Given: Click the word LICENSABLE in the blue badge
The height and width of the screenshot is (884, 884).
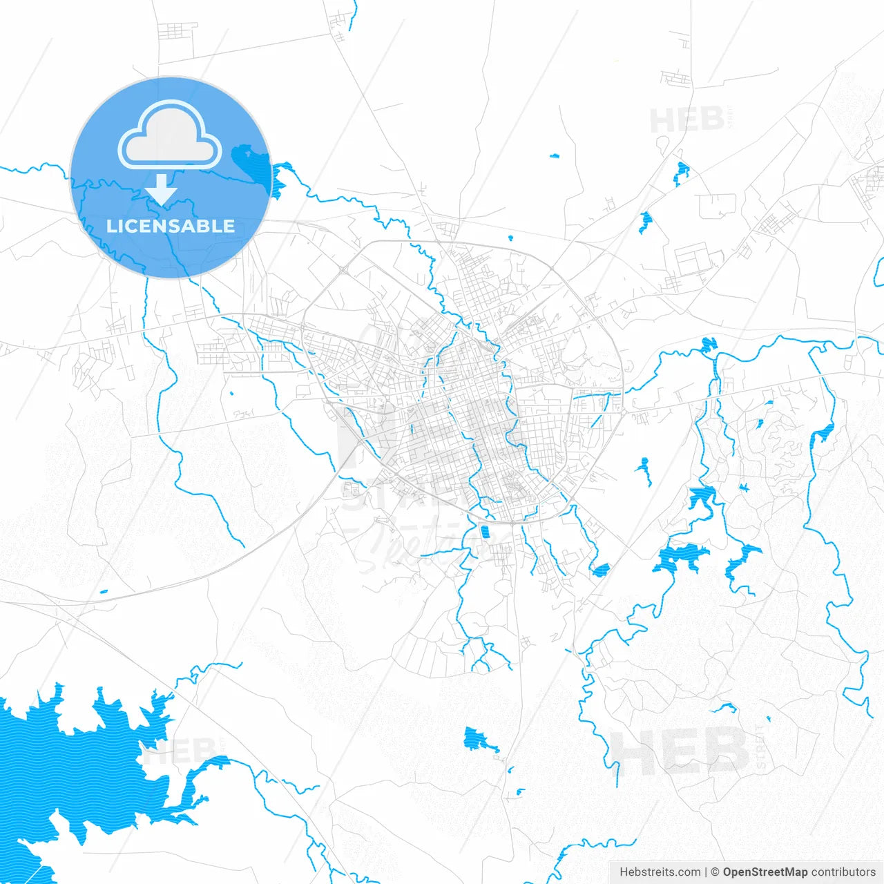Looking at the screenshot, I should [171, 226].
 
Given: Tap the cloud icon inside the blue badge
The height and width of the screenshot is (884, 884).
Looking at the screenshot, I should [170, 136].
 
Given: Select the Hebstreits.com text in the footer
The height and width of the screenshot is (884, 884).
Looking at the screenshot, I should [660, 872].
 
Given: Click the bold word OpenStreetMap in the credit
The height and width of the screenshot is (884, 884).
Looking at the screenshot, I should [765, 872].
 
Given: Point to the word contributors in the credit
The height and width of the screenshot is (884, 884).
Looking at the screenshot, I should [843, 872].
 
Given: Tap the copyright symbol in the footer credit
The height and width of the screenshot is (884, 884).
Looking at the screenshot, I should [715, 872].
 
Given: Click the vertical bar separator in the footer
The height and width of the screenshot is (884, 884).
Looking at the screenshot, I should [705, 872].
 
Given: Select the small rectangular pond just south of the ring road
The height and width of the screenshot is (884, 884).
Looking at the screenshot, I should [485, 532].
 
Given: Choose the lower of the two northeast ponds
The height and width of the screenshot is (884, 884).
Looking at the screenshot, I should [646, 221].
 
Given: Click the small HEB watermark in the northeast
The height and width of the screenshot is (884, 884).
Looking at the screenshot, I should [686, 120].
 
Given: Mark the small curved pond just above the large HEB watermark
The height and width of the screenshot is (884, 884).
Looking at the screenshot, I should [724, 707].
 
